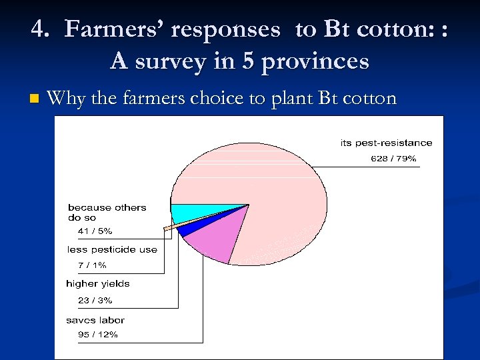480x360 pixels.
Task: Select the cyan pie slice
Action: (190, 213)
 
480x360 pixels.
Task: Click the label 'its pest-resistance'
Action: (386, 143)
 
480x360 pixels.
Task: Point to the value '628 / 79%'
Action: (393, 159)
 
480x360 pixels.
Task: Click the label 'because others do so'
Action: (107, 212)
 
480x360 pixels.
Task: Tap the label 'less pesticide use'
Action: (112, 250)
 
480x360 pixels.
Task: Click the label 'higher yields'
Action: (97, 284)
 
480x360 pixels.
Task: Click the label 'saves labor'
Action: (95, 320)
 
